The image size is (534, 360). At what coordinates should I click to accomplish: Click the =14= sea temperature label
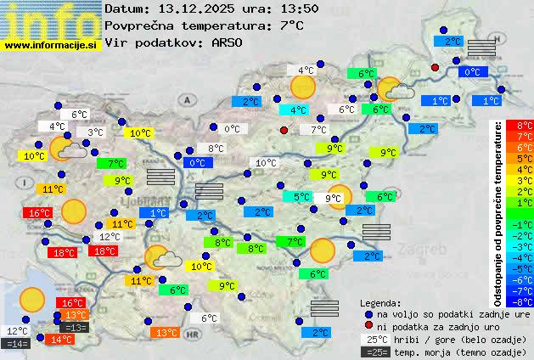point(16,344)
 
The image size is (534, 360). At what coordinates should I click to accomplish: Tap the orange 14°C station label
point(60,340)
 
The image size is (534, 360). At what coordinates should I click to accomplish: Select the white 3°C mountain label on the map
point(94,132)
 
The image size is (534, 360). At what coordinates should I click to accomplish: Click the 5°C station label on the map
point(301,197)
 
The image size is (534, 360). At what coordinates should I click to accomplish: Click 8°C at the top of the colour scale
point(525,126)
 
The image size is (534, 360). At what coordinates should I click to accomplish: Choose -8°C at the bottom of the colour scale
point(525,301)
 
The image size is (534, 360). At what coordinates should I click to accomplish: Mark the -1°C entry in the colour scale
point(525,224)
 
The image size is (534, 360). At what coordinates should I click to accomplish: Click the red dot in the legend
point(368,326)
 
